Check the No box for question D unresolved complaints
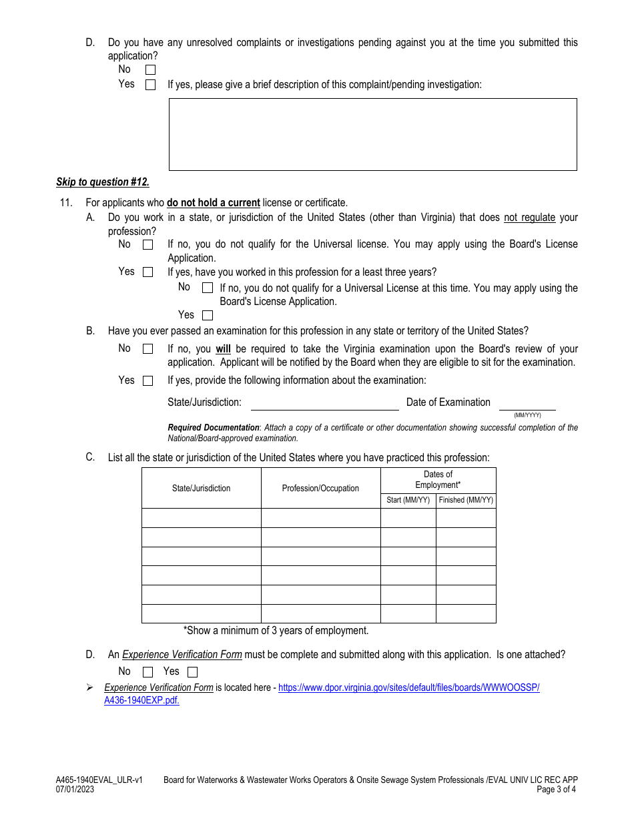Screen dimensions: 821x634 (x=150, y=69)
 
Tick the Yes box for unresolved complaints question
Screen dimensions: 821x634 (x=150, y=85)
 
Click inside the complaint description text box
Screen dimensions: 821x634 (x=372, y=134)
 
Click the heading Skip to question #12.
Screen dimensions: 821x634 (x=103, y=182)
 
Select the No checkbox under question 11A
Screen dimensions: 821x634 (x=147, y=245)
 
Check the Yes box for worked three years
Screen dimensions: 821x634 (x=208, y=316)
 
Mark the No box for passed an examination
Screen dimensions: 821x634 (x=147, y=349)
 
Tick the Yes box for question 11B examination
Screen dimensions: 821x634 (x=147, y=381)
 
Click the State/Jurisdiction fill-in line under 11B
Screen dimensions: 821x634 (x=324, y=404)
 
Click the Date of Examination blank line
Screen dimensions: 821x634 (x=527, y=404)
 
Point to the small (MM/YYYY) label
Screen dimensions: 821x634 (x=527, y=415)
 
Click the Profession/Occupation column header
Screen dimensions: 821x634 (x=320, y=489)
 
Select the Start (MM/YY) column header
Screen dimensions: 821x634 (x=408, y=500)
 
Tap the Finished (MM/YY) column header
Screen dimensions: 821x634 (x=466, y=500)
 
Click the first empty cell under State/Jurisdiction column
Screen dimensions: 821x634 (x=201, y=518)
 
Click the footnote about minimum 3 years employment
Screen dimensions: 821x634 (x=276, y=631)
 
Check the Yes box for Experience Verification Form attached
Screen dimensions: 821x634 (x=192, y=672)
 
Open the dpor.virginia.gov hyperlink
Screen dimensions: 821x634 (x=408, y=688)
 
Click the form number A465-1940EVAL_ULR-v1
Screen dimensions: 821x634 (x=99, y=780)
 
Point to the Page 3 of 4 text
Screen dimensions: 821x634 (x=557, y=790)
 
